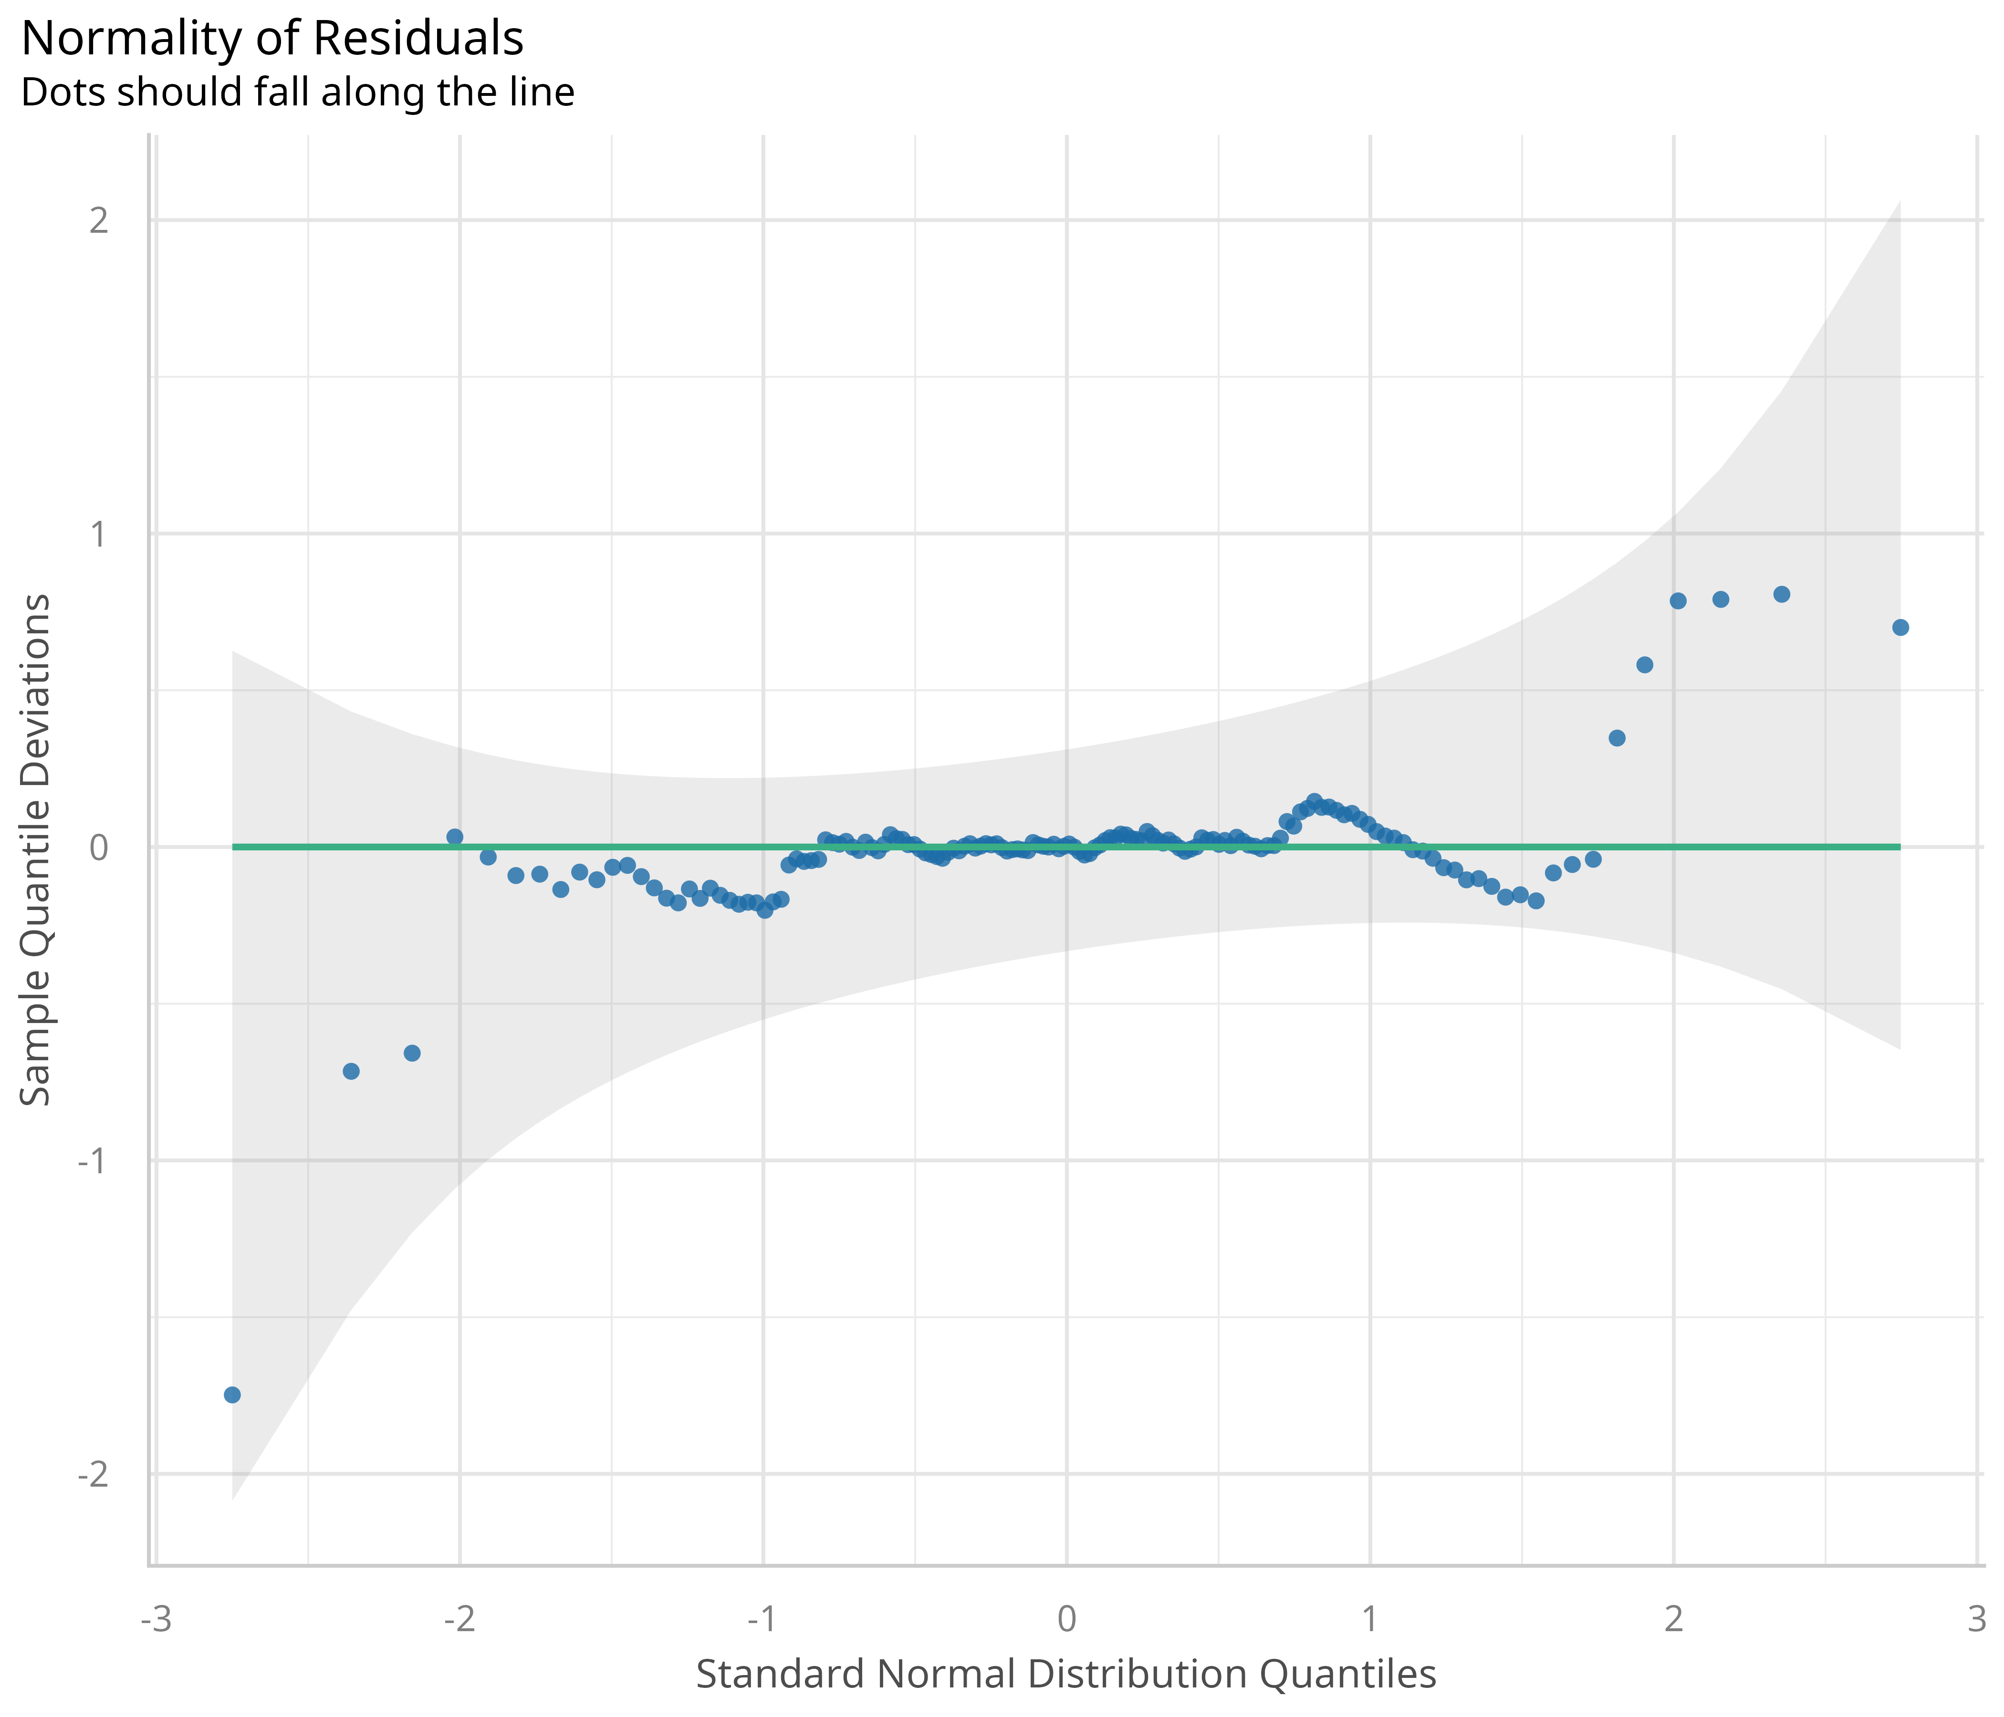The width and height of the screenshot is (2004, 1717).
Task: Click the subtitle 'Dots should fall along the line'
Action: coord(298,93)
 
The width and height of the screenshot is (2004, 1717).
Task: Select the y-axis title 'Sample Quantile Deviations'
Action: coord(36,849)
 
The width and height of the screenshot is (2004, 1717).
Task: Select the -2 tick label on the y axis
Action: coord(93,1475)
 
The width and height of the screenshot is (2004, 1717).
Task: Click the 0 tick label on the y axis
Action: coord(99,848)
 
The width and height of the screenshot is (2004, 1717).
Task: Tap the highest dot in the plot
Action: coord(1782,595)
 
